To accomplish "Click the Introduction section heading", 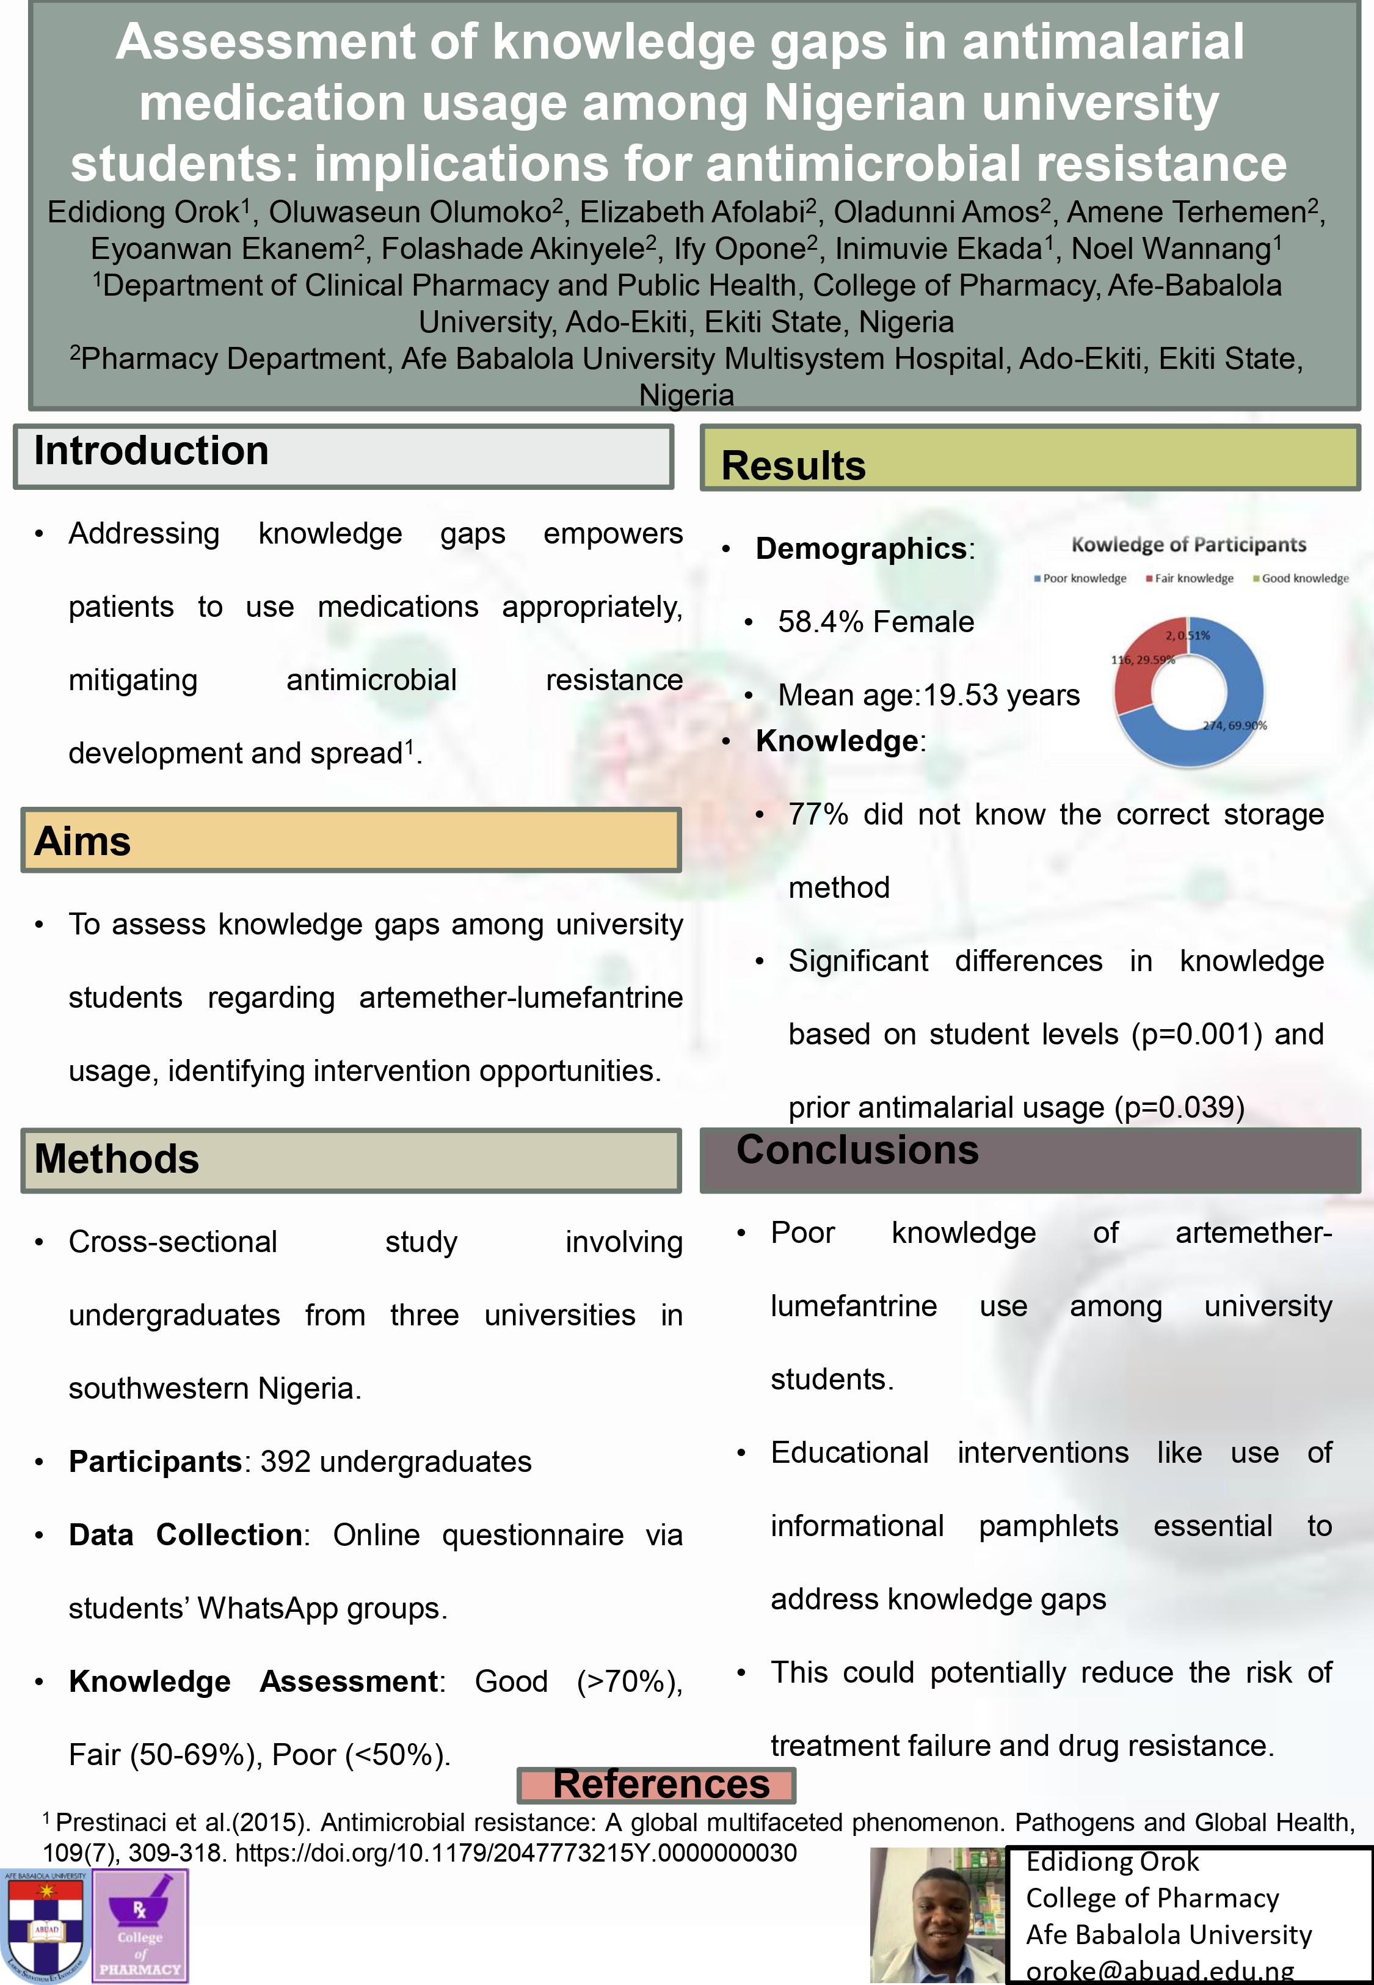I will click(x=151, y=452).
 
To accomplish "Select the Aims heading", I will click(x=82, y=841).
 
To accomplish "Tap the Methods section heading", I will click(x=117, y=1159).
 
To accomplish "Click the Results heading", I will click(x=793, y=465).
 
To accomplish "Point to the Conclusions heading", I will click(x=857, y=1151).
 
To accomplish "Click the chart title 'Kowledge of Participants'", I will click(x=1188, y=544).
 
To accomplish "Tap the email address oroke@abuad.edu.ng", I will click(x=1160, y=1970).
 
